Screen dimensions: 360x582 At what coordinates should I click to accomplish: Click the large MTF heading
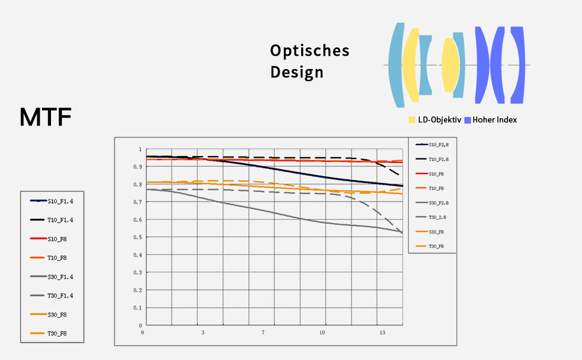click(x=46, y=117)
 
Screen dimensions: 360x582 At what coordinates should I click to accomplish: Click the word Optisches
click(x=309, y=51)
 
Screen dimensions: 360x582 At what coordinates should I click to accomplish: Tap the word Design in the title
click(x=296, y=73)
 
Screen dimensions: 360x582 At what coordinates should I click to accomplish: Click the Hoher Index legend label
click(x=494, y=120)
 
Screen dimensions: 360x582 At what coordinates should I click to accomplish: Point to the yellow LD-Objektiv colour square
click(x=412, y=120)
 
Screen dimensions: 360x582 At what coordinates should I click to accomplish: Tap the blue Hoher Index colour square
click(x=467, y=120)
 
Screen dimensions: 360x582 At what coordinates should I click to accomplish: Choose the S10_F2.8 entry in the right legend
click(x=439, y=145)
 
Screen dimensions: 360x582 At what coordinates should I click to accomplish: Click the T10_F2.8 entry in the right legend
click(x=439, y=160)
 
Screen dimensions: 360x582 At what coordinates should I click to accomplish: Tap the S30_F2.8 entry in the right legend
click(x=439, y=203)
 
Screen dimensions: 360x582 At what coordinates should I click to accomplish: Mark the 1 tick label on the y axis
click(x=140, y=149)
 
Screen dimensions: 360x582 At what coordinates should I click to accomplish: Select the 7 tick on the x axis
click(x=262, y=332)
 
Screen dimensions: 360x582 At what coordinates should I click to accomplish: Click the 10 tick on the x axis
click(x=322, y=332)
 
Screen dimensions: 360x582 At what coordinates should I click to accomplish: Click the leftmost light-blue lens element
click(x=395, y=65)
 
